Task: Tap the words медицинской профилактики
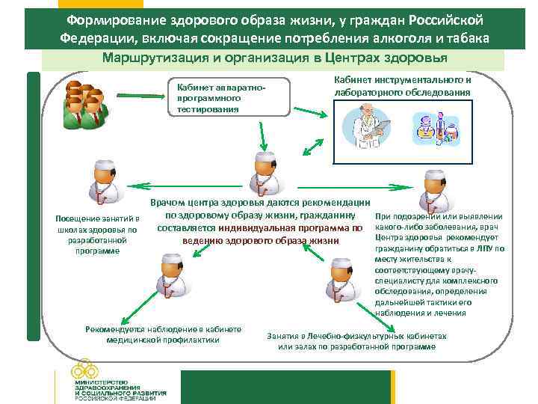click(x=164, y=340)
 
